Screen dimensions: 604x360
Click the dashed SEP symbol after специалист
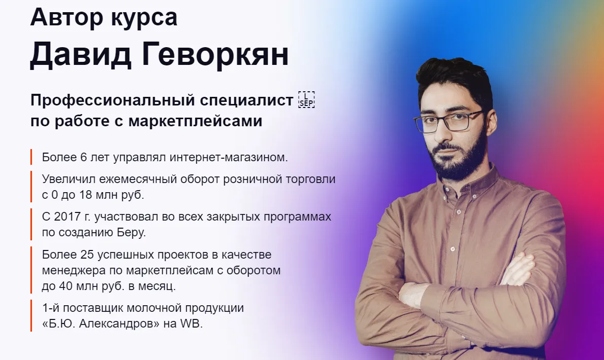tap(307, 100)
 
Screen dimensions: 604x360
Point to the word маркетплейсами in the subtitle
tap(195, 121)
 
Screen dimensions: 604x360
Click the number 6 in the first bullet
tap(84, 157)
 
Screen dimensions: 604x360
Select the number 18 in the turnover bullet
tap(86, 195)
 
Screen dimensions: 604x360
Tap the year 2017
tap(67, 217)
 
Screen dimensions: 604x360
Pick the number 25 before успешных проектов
tap(87, 255)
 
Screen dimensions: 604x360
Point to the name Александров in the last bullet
tap(119, 324)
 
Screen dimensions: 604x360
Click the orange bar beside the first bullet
tap(31, 157)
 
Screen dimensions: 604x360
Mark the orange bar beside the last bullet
tap(31, 316)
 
